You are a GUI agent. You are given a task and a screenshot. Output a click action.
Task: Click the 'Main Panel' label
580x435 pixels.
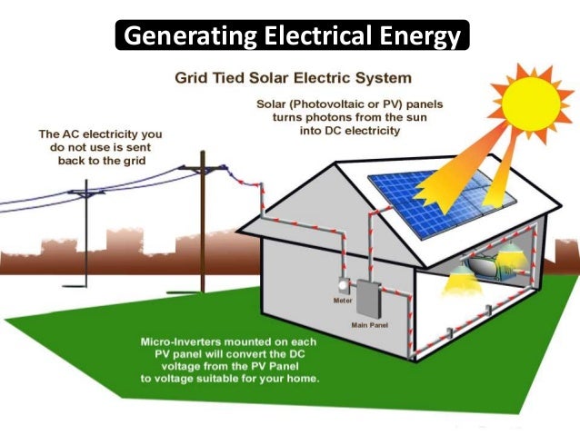368,323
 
